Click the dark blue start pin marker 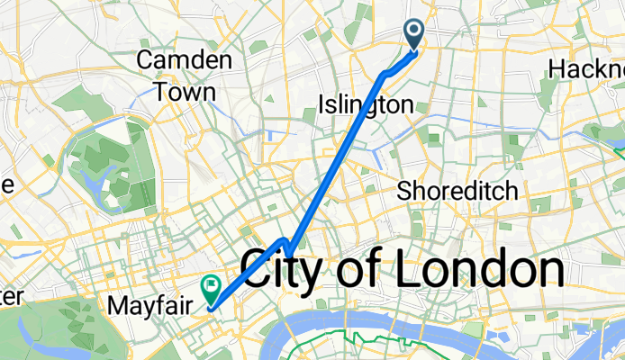point(415,34)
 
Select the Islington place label point(366,105)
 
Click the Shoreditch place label point(457,191)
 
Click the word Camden point(184,61)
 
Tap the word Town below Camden point(184,91)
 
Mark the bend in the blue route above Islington point(386,72)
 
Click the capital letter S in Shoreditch point(404,191)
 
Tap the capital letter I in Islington point(322,105)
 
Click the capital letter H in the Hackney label point(556,69)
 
